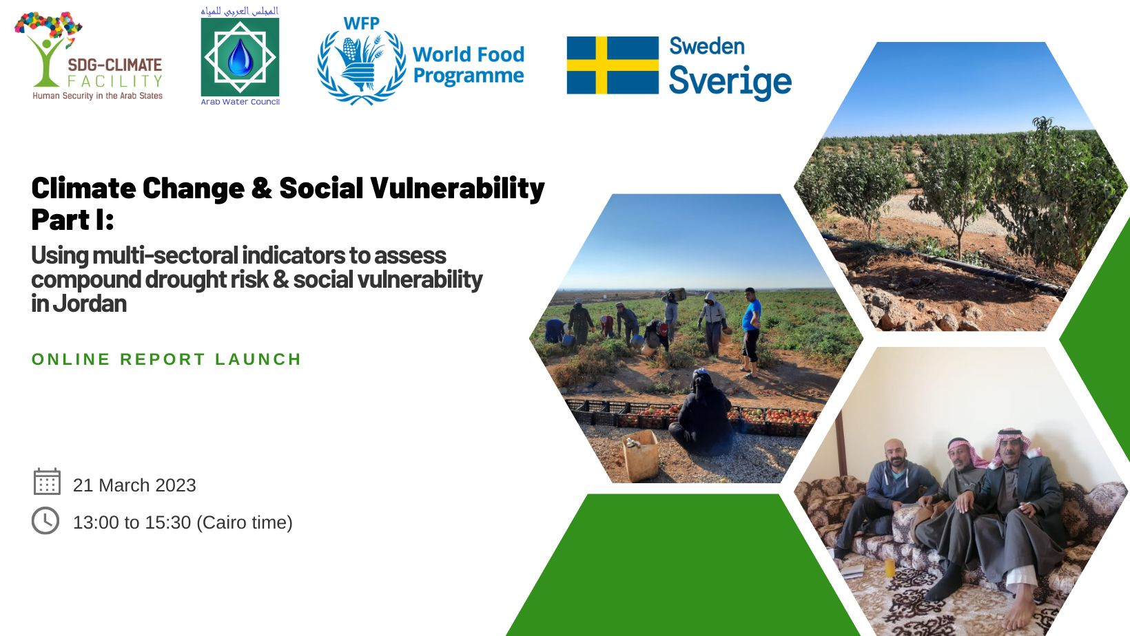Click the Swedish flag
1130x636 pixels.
click(x=613, y=65)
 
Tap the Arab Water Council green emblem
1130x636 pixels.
click(x=240, y=57)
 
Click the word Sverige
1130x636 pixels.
click(x=730, y=81)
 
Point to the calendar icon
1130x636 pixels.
click(x=47, y=482)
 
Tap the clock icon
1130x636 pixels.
click(x=45, y=520)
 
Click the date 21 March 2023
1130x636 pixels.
click(x=134, y=485)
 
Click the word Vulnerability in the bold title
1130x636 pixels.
click(x=458, y=189)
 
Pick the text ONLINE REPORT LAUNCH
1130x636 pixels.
click(x=166, y=359)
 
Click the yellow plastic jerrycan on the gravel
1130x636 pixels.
click(x=640, y=455)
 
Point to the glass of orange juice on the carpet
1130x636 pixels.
click(x=890, y=567)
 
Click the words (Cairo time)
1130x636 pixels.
click(x=244, y=522)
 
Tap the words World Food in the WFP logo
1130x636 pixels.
click(x=468, y=54)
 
